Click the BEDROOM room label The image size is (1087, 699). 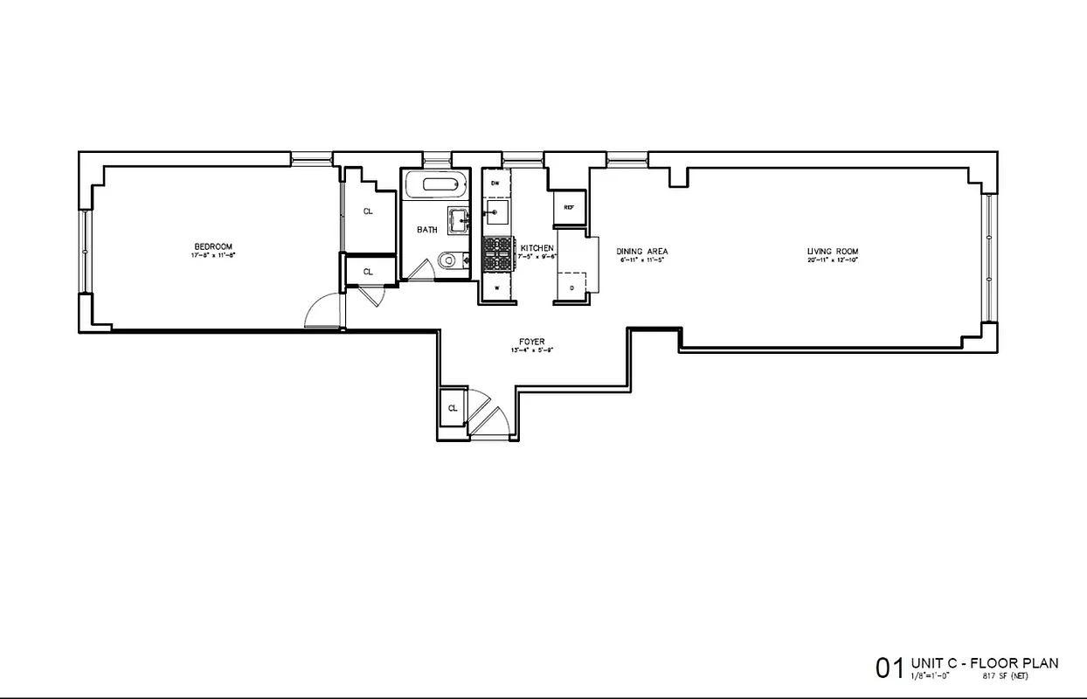click(x=213, y=246)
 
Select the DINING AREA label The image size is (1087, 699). click(x=642, y=251)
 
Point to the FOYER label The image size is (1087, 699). click(x=531, y=343)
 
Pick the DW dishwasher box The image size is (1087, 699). click(x=495, y=183)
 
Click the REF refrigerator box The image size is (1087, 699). click(x=568, y=208)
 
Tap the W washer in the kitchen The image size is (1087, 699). click(x=495, y=287)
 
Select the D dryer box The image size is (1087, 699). click(x=571, y=287)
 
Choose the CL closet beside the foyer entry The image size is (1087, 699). click(x=453, y=408)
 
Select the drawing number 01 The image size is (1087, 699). click(x=890, y=669)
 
